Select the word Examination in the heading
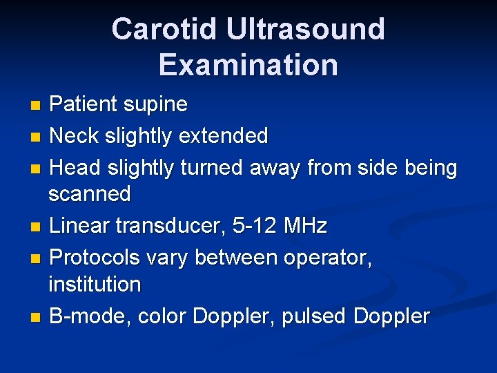(x=248, y=65)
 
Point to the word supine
(x=155, y=104)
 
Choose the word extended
(x=223, y=136)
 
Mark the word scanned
(x=89, y=194)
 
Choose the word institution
(x=95, y=284)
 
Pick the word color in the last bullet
(x=162, y=316)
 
